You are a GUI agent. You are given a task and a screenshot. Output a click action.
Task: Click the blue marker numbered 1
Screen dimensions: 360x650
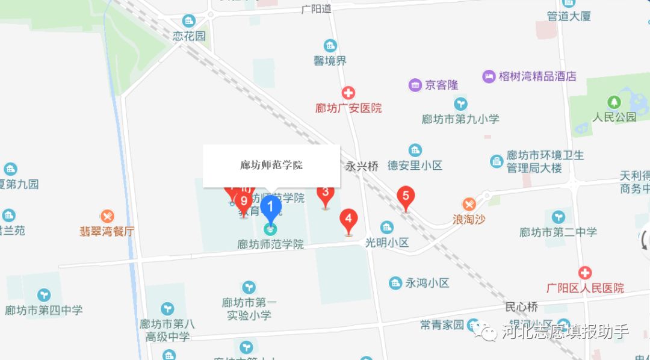click(x=270, y=207)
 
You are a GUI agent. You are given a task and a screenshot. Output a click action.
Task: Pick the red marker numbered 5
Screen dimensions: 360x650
click(x=406, y=196)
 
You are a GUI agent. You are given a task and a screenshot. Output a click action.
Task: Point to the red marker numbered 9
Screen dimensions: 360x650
click(x=244, y=201)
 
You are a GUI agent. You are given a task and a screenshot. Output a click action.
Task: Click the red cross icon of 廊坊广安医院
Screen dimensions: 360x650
click(x=348, y=93)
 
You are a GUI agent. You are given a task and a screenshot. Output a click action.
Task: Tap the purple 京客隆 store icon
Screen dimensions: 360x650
click(x=415, y=85)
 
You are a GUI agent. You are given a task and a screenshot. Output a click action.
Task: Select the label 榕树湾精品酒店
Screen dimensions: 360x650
click(x=537, y=76)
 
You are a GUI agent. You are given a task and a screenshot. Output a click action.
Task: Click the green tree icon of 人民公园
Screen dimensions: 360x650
click(x=614, y=102)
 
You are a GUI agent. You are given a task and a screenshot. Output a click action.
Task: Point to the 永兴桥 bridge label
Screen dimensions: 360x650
click(x=362, y=166)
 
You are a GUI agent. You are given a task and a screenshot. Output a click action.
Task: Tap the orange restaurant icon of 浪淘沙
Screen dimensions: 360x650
click(x=469, y=205)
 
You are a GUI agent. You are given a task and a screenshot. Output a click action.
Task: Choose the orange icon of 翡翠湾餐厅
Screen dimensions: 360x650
click(x=107, y=216)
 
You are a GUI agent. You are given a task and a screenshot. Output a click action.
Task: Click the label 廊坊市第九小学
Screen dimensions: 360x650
click(x=460, y=119)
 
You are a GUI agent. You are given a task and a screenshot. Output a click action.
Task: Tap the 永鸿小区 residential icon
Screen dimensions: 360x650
click(x=395, y=282)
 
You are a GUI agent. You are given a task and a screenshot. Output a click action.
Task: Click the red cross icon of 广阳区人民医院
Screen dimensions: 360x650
click(x=585, y=273)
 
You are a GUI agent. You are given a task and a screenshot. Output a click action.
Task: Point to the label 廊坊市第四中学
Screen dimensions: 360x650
click(x=43, y=311)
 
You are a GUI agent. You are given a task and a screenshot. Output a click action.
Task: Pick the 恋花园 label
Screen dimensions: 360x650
click(x=189, y=36)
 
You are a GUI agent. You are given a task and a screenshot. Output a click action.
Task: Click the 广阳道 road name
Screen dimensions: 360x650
click(x=316, y=9)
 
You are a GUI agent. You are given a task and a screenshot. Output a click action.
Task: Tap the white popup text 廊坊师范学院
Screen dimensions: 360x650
click(x=271, y=165)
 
